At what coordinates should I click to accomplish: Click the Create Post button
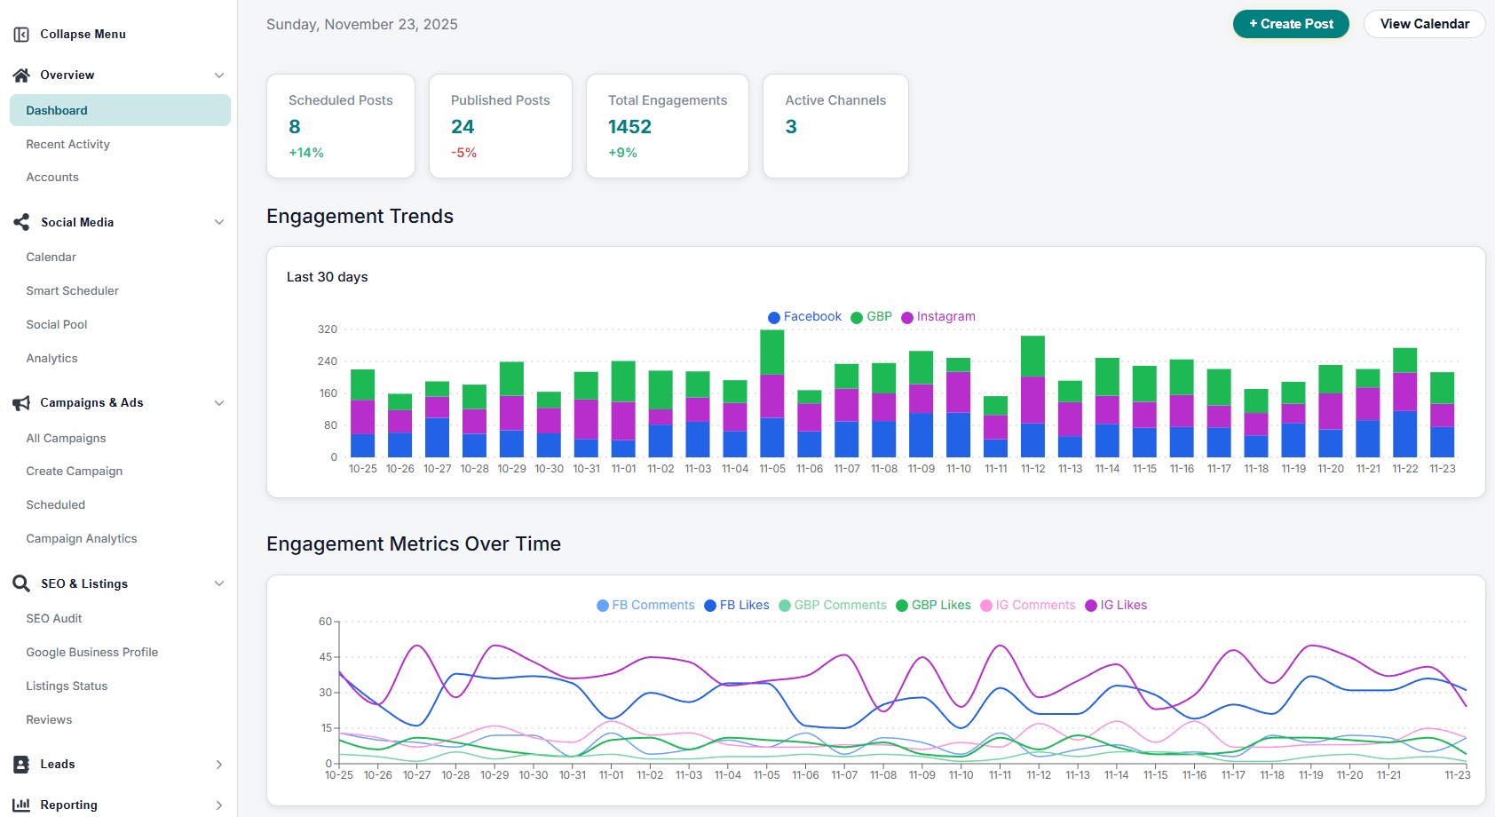click(x=1290, y=24)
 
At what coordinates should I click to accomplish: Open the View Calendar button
click(x=1424, y=24)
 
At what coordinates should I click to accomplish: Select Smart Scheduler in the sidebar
click(x=72, y=290)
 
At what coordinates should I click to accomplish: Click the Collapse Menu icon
click(x=21, y=35)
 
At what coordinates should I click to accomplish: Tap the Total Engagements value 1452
click(x=629, y=127)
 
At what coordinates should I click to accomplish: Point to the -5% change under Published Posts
click(x=463, y=153)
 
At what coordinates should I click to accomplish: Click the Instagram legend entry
click(x=945, y=317)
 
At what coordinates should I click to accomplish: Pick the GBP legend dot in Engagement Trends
click(x=857, y=318)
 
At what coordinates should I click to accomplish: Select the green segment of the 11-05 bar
click(x=771, y=352)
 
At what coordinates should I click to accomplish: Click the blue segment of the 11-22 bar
click(x=1404, y=434)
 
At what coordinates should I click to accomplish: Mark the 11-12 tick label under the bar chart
click(x=1032, y=469)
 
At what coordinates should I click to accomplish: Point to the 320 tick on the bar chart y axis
click(x=328, y=329)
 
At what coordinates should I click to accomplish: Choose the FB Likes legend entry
click(x=743, y=606)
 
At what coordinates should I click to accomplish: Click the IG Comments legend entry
click(x=1034, y=606)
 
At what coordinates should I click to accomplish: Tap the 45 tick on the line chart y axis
click(x=325, y=657)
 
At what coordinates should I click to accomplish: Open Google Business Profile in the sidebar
click(x=91, y=652)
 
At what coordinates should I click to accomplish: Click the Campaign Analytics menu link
click(x=81, y=538)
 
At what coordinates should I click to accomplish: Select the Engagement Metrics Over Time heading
click(x=413, y=543)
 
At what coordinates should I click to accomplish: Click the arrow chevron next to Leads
click(x=218, y=765)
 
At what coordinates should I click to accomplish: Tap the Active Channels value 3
click(x=791, y=127)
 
